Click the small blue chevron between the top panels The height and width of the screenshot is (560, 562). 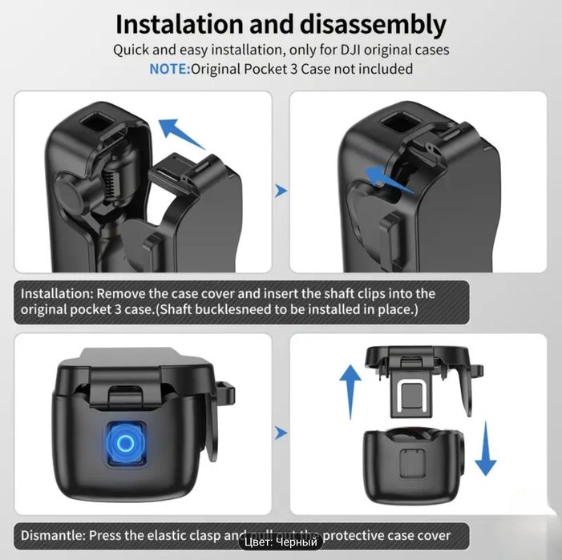click(281, 191)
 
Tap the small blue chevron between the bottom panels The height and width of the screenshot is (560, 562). click(281, 433)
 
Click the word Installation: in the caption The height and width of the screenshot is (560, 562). click(60, 293)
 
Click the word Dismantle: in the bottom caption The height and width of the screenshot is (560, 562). click(53, 534)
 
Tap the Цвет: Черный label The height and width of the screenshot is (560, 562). click(281, 543)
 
